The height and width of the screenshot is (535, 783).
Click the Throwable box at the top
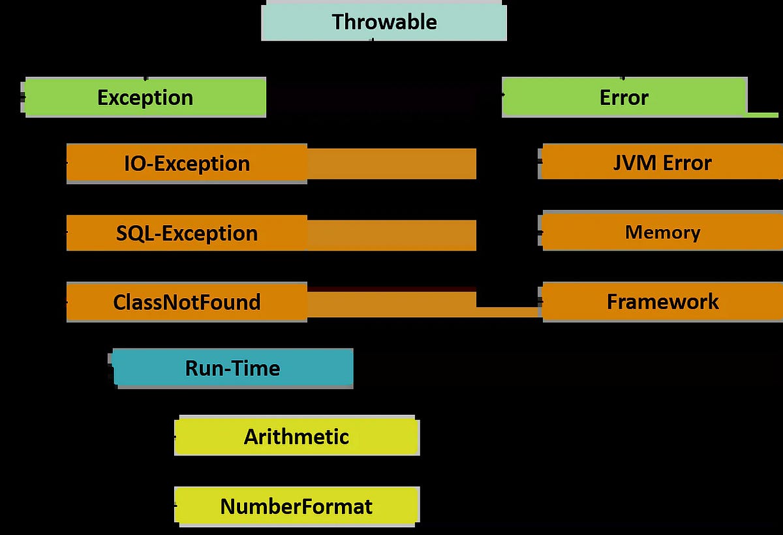(x=384, y=22)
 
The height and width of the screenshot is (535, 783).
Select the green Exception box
(x=145, y=97)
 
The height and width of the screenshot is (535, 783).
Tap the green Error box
(x=624, y=97)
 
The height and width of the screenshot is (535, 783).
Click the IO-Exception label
(x=187, y=163)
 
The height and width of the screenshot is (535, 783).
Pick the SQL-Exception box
(x=187, y=233)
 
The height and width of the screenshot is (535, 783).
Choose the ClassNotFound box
(x=187, y=302)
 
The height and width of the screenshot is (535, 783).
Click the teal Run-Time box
(x=233, y=368)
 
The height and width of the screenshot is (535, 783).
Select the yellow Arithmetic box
(x=296, y=436)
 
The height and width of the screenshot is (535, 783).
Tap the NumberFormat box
(x=296, y=506)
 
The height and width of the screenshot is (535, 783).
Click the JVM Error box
(x=662, y=162)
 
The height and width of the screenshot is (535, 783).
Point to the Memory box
(x=662, y=232)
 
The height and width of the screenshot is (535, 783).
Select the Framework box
(x=662, y=301)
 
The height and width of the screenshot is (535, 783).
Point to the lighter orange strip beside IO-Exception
(x=391, y=164)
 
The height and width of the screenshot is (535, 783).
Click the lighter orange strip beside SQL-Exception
(x=391, y=235)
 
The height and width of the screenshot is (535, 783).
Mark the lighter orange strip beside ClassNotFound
(x=391, y=305)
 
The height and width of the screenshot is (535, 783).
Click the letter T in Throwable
(x=338, y=22)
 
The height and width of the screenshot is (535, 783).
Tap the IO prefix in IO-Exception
(x=134, y=163)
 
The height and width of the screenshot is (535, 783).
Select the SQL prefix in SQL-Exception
(x=134, y=233)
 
